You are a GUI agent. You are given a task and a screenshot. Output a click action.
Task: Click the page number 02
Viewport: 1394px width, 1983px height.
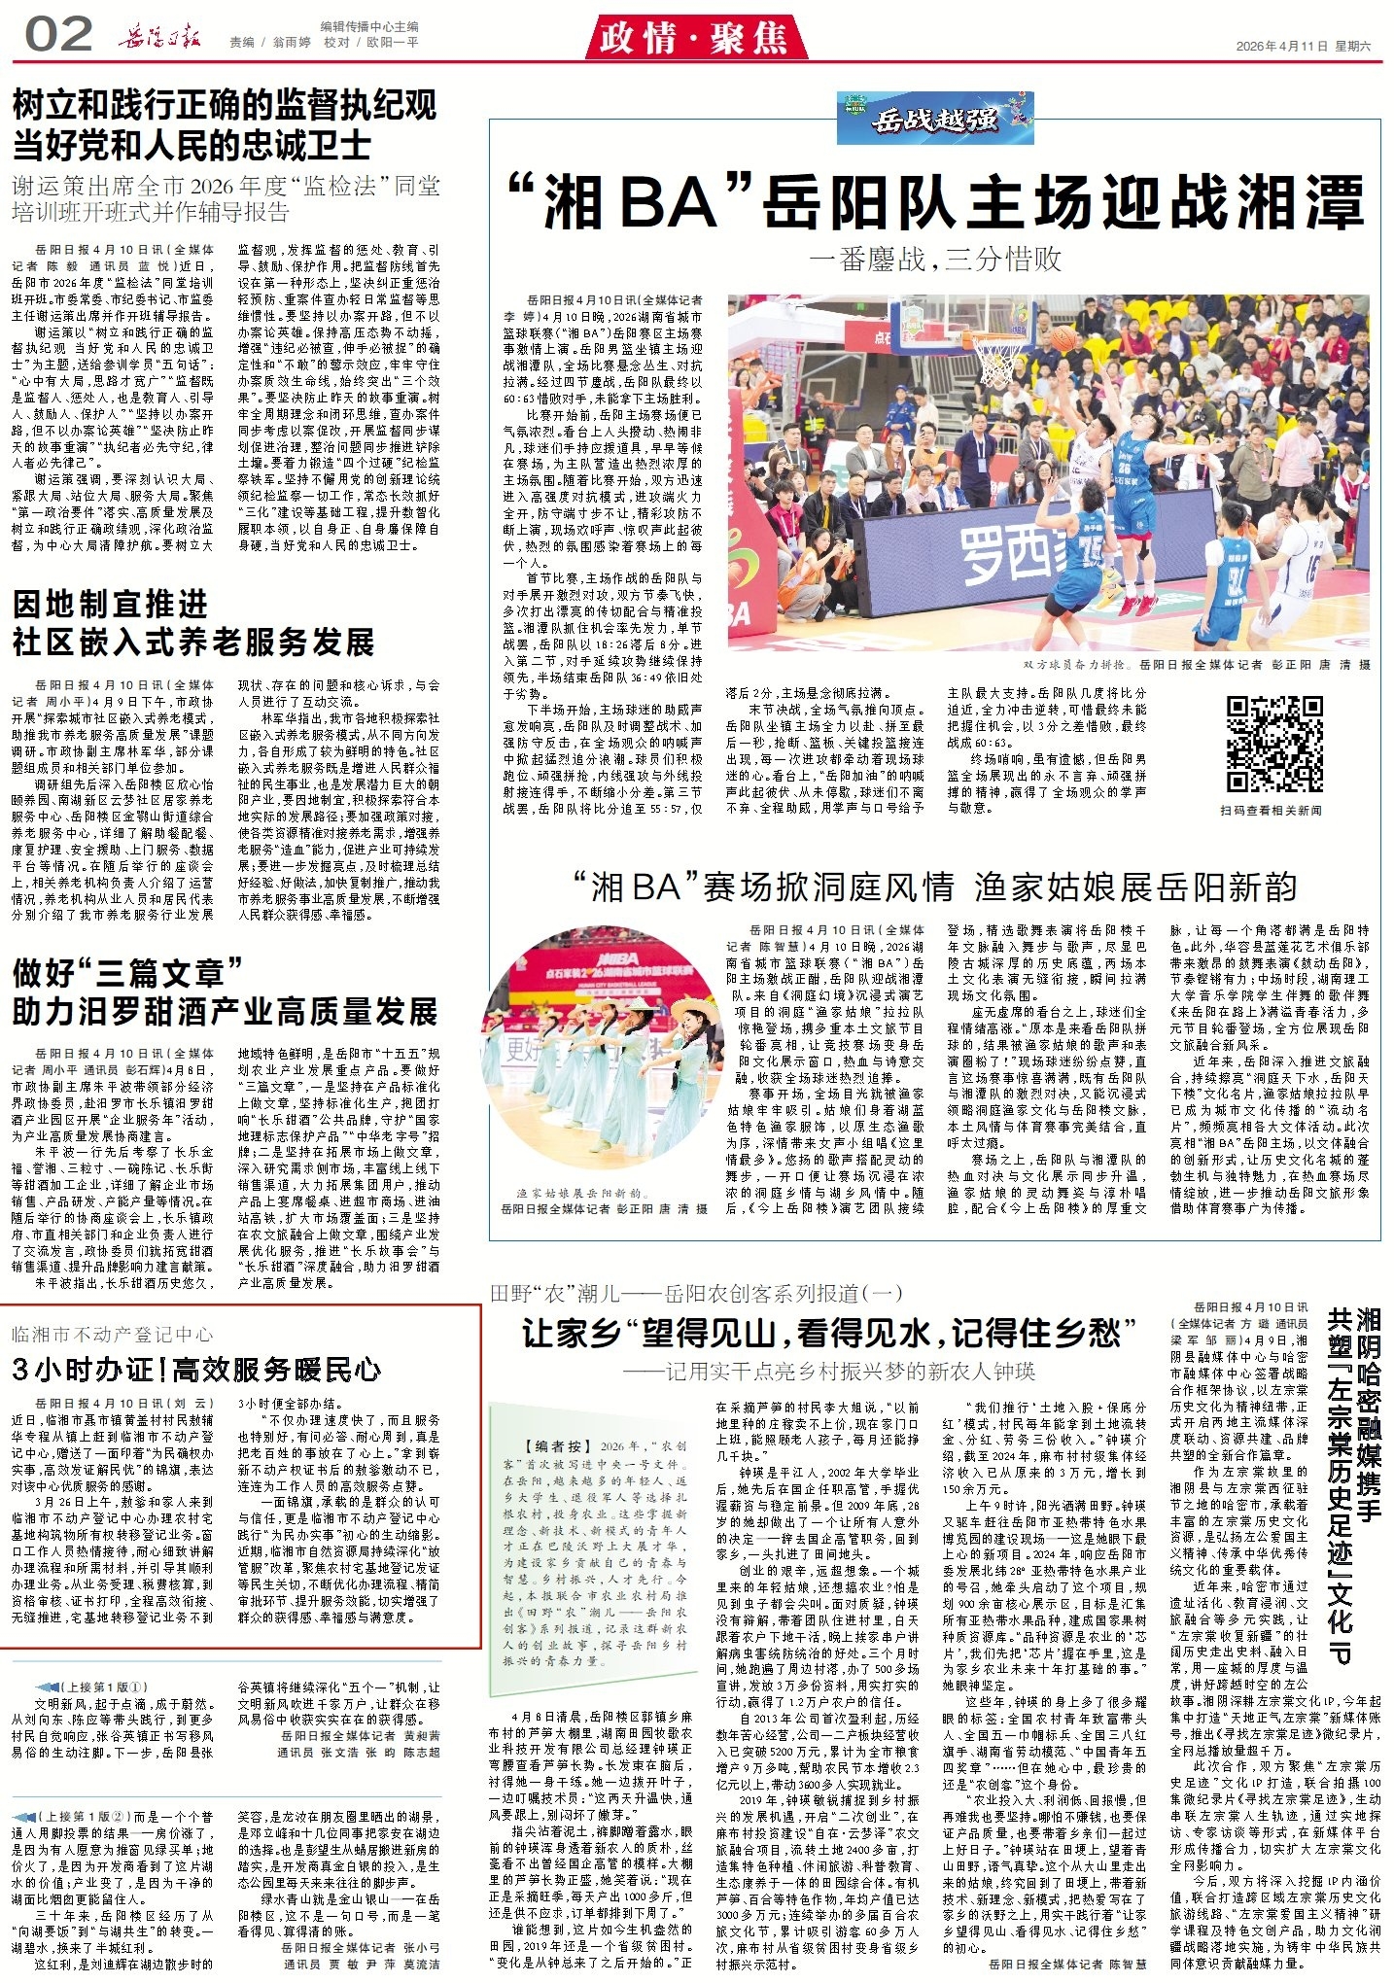pyautogui.click(x=58, y=36)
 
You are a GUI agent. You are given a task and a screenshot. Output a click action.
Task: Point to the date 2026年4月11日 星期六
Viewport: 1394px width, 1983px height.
pyautogui.click(x=1303, y=46)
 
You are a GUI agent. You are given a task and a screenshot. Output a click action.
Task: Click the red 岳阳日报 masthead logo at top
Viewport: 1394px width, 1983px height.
pyautogui.click(x=159, y=38)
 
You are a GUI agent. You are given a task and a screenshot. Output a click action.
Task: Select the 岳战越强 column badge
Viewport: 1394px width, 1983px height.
pyautogui.click(x=935, y=118)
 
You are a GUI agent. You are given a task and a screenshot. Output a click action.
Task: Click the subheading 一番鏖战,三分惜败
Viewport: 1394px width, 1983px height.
pyautogui.click(x=935, y=259)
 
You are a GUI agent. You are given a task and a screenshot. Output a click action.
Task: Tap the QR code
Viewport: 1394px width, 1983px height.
pyautogui.click(x=1273, y=744)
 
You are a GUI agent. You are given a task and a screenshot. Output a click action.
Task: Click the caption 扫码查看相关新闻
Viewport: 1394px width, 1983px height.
pyautogui.click(x=1272, y=810)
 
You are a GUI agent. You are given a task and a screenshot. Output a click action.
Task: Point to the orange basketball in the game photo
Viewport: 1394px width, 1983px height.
pyautogui.click(x=1063, y=338)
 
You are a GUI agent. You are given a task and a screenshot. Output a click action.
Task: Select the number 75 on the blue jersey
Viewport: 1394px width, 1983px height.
pyautogui.click(x=1092, y=550)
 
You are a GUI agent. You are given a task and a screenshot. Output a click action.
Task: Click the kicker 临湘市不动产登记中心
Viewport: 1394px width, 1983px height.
pyautogui.click(x=112, y=1335)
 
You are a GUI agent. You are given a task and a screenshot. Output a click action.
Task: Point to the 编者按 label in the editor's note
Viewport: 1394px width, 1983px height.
pyautogui.click(x=557, y=1445)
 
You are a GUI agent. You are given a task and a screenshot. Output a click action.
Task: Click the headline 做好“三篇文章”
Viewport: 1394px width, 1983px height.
pyautogui.click(x=126, y=972)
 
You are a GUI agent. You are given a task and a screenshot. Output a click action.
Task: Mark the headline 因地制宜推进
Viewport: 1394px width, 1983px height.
pyautogui.click(x=111, y=604)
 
